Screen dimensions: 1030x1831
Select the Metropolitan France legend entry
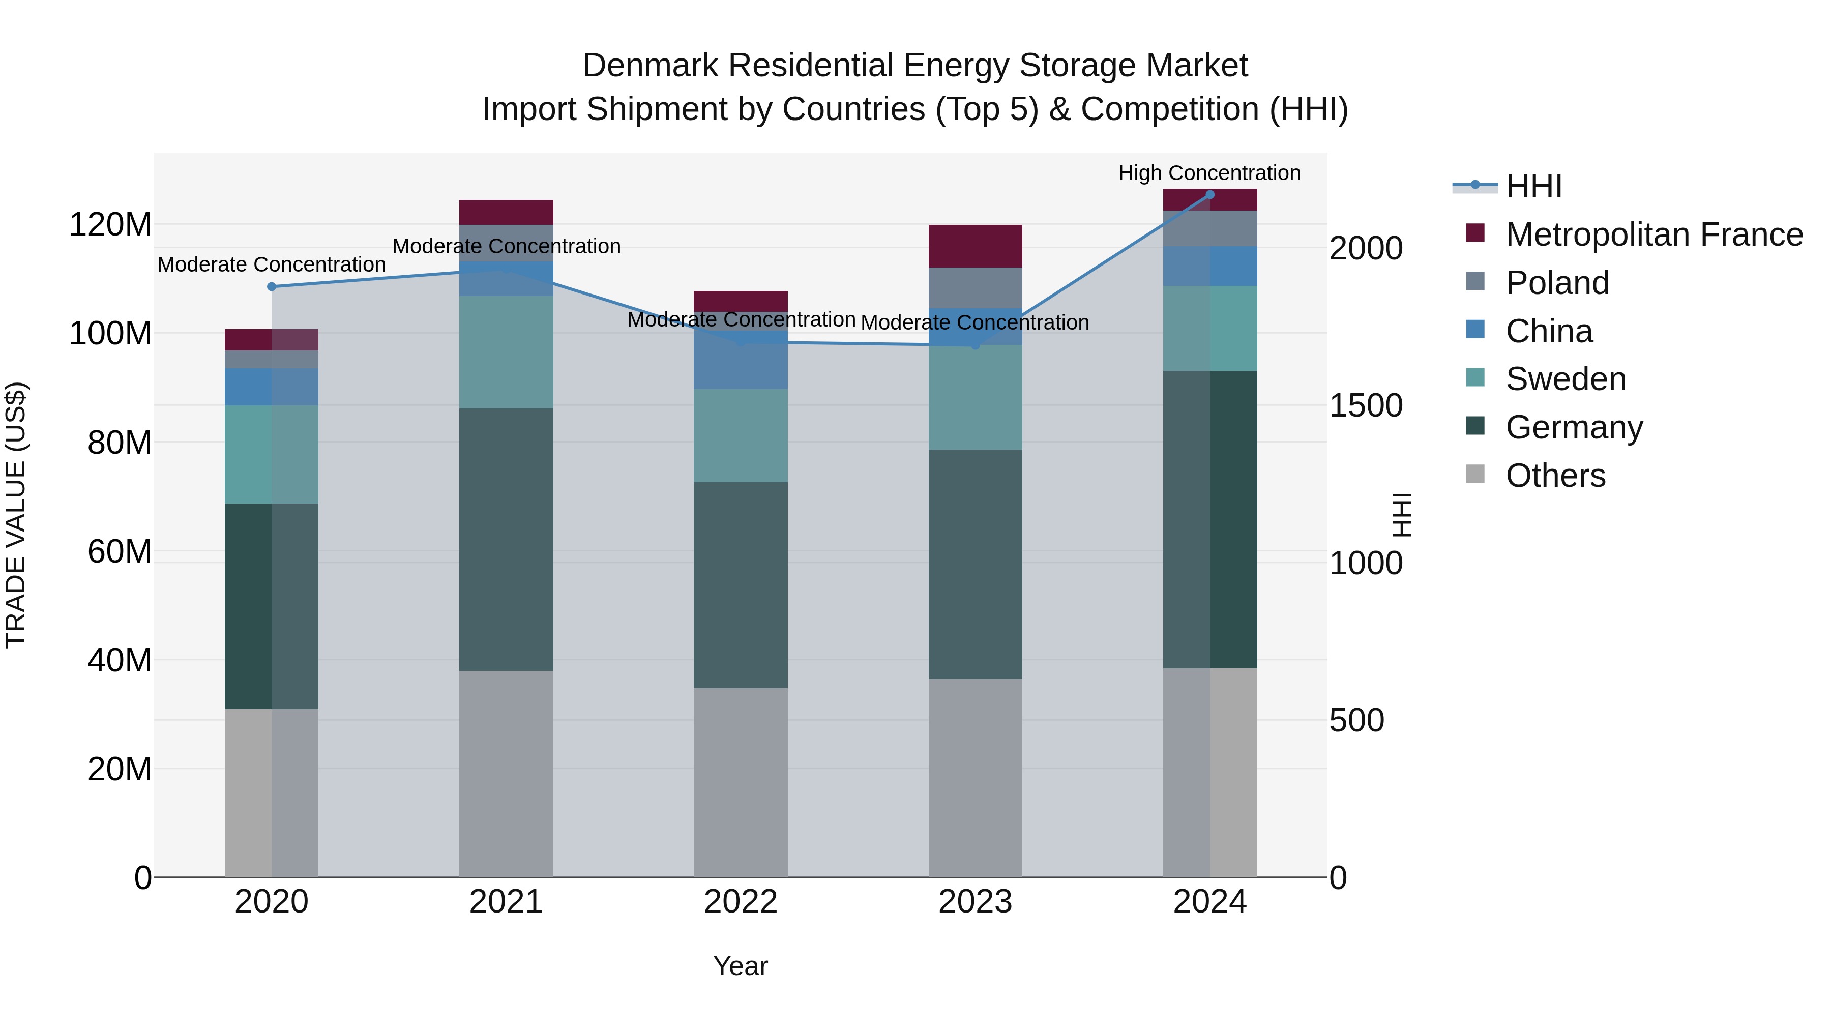(1653, 234)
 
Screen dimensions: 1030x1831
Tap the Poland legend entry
(1557, 283)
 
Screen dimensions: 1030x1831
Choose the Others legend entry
(1555, 476)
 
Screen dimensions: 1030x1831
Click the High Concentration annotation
(1209, 173)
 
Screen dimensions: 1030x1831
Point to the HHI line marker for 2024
(1210, 194)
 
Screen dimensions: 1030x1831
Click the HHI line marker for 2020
(272, 286)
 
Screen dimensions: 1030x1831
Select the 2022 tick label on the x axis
(741, 902)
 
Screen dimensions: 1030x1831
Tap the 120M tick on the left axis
(110, 225)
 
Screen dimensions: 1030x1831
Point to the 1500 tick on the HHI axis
(1366, 406)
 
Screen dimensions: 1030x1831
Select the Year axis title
(741, 966)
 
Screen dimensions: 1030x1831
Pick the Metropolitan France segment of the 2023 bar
(975, 246)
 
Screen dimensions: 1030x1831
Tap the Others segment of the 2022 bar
(741, 782)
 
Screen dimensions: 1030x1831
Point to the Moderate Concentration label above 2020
(272, 264)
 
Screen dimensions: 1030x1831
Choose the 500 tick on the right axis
(1356, 720)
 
